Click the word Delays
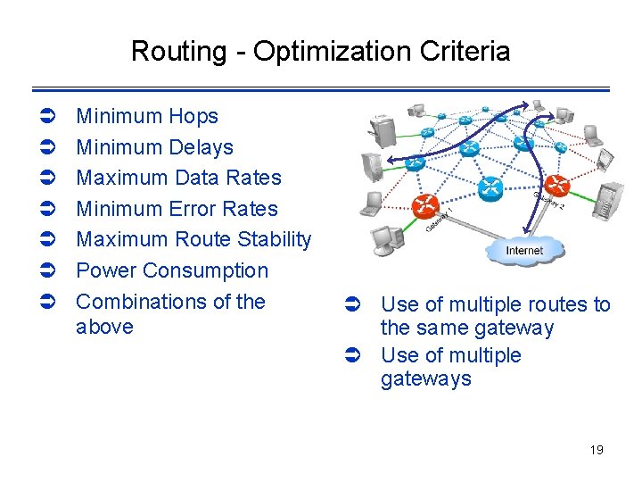[x=200, y=147]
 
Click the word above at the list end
[x=104, y=327]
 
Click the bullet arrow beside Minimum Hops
[x=50, y=117]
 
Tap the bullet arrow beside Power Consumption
[x=50, y=271]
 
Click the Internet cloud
[x=524, y=250]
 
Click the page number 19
[x=597, y=450]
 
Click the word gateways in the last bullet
[x=425, y=379]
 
